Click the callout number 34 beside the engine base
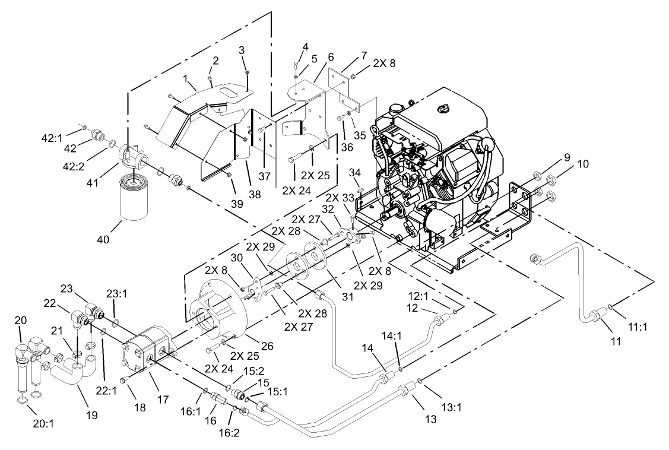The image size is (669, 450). [355, 172]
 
